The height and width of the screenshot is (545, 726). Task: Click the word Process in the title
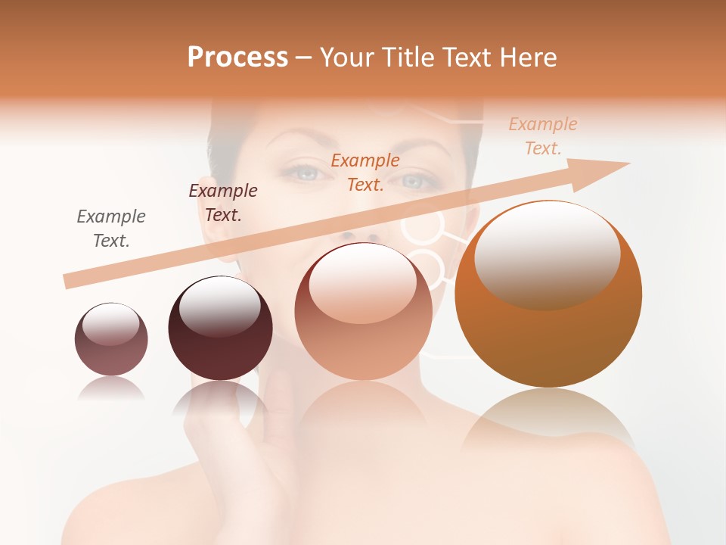pos(237,58)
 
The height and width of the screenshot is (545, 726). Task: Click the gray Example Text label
pos(111,228)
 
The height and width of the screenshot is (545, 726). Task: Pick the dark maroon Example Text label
pos(222,202)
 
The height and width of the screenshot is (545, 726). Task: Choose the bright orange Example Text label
pos(365,172)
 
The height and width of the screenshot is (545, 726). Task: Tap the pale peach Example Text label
pos(542,136)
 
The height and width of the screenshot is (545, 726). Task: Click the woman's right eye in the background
pos(414,181)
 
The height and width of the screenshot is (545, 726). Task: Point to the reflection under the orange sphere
pos(548,420)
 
